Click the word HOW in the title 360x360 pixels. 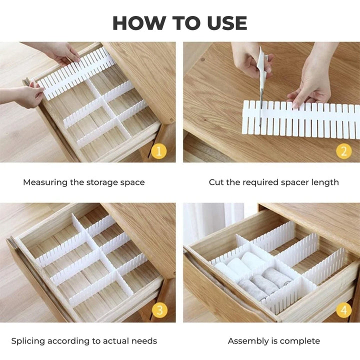[x=138, y=23]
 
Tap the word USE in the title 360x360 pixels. [x=227, y=23]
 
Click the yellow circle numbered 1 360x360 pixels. [x=159, y=151]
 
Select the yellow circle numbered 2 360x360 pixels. [x=343, y=151]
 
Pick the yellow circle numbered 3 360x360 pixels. [x=159, y=310]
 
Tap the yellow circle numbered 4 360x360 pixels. [x=343, y=310]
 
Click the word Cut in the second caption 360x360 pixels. [x=216, y=182]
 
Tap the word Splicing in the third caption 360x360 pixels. [x=28, y=341]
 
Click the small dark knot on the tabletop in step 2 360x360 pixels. [x=202, y=59]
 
